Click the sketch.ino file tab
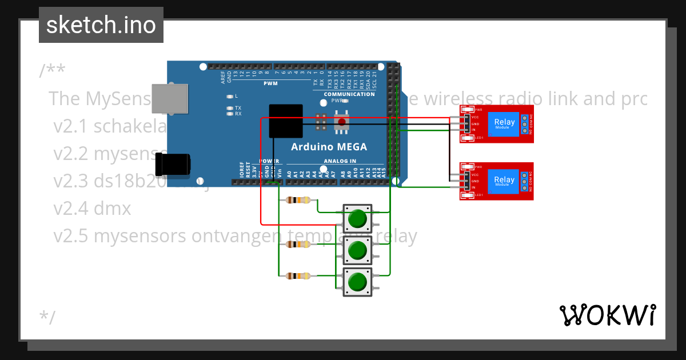101,25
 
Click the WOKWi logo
608,315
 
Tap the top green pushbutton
357,219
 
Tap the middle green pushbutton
357,250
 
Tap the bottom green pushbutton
357,282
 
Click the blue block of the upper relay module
504,124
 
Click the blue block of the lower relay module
504,181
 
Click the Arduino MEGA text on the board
329,147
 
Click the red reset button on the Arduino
342,121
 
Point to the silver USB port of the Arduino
170,98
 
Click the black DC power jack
174,164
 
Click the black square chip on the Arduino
285,121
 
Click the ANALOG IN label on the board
340,161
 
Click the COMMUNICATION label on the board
349,94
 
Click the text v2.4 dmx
92,208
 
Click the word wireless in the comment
449,98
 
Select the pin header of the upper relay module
467,123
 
